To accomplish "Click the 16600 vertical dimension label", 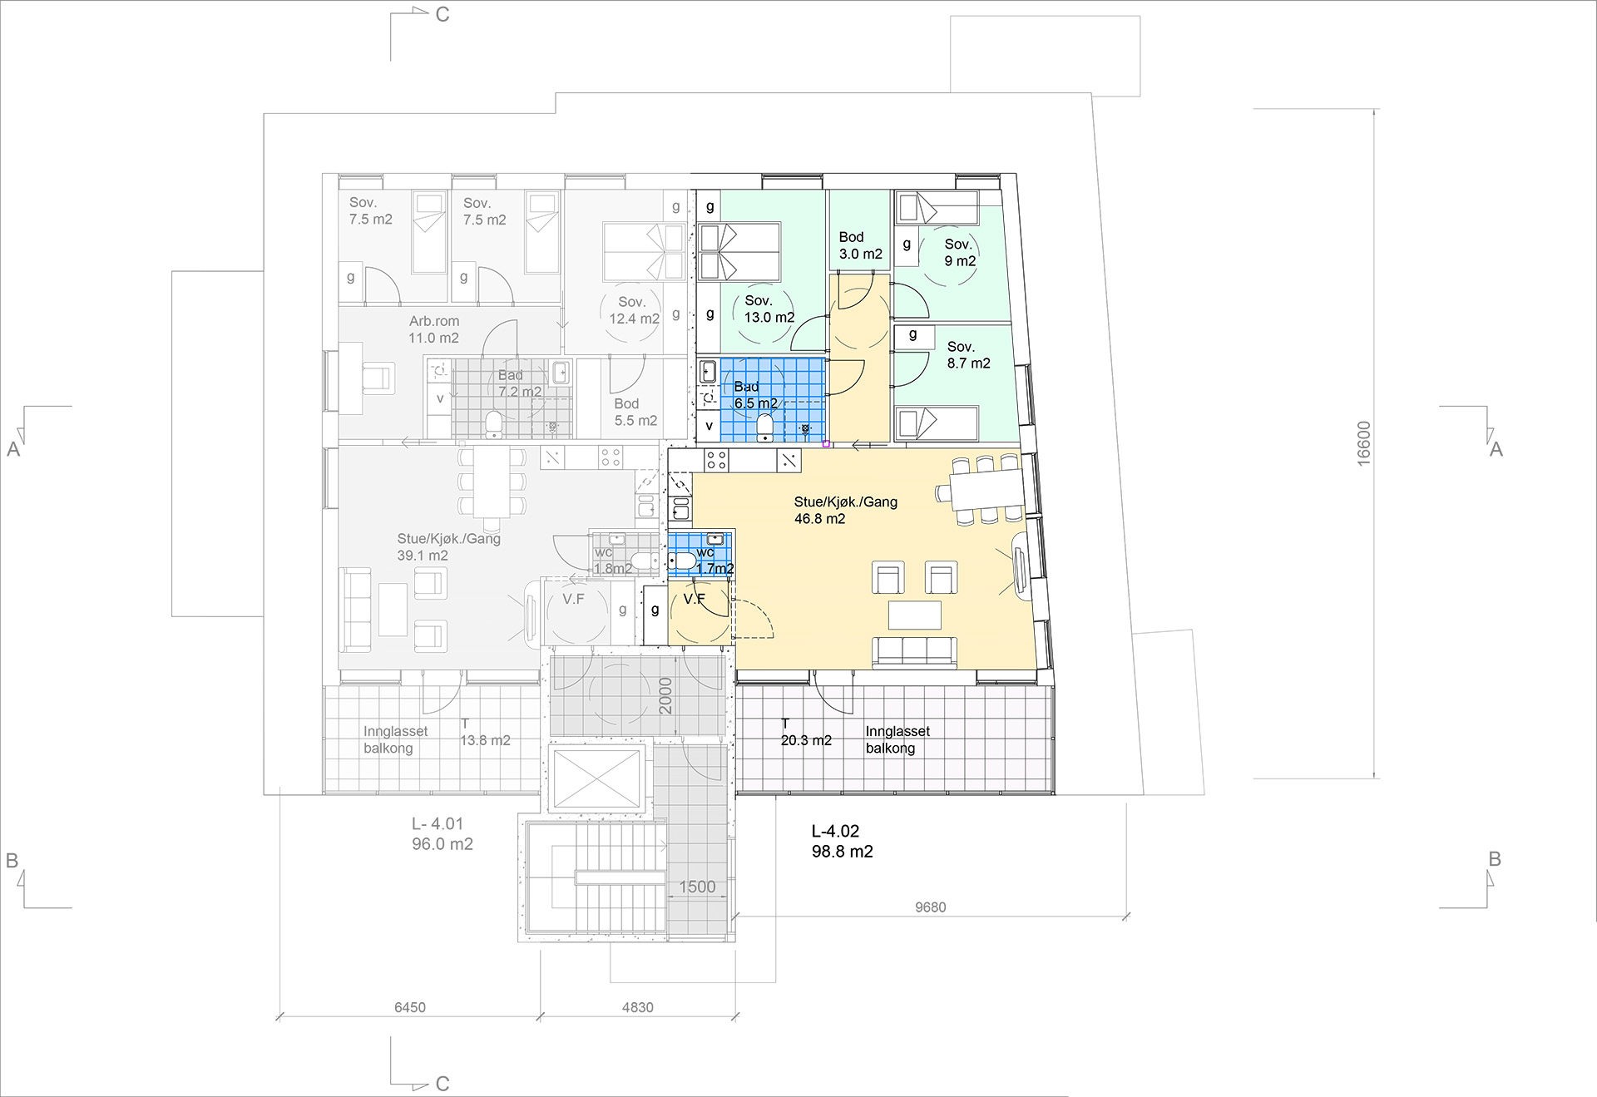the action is point(1363,443).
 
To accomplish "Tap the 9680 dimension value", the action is point(930,907).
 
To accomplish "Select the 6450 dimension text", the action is point(409,1007).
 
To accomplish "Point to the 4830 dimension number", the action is point(637,1007).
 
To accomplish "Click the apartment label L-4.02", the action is point(835,831).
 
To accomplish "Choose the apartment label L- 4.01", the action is point(438,823).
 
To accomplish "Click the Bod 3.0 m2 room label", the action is point(860,245).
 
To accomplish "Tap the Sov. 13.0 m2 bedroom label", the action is point(769,309).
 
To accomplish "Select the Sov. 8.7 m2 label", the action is point(968,354).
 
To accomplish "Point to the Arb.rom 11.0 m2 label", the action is point(433,329).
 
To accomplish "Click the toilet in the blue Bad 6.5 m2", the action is point(765,427).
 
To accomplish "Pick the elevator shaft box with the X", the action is point(596,777).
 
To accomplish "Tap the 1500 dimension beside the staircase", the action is point(697,887).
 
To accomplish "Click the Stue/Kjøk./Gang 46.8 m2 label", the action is point(845,510).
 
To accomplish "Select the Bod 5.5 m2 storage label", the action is point(635,412).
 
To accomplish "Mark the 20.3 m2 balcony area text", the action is point(806,740).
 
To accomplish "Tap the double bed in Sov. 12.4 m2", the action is point(643,250).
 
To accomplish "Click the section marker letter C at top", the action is point(443,14).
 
